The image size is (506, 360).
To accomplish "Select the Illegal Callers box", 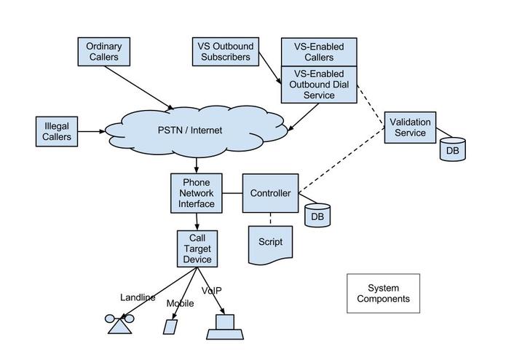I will [57, 131].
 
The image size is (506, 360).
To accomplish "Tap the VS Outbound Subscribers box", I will [224, 51].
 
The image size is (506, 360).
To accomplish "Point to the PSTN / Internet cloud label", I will [190, 130].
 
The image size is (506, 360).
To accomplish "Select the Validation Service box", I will [410, 127].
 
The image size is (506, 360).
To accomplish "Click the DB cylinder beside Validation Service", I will [452, 149].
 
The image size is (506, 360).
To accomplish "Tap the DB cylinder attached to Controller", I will [317, 216].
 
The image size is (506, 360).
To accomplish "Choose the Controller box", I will [270, 193].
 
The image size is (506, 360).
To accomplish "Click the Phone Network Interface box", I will [197, 193].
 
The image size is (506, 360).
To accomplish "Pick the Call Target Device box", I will [197, 249].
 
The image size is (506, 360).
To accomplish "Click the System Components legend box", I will [383, 293].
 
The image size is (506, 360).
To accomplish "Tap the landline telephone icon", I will [119, 324].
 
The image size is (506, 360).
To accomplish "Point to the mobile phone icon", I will [170, 326].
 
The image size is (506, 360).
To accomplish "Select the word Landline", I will [138, 297].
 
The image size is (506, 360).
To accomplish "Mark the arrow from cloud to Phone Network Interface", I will [197, 165].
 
